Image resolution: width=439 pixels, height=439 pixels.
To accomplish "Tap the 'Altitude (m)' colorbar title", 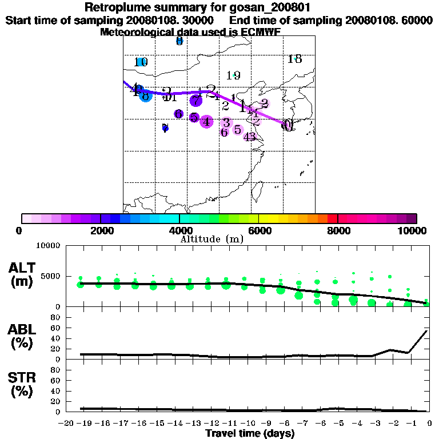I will (211, 238).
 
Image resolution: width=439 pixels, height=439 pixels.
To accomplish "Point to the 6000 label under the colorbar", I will (259, 230).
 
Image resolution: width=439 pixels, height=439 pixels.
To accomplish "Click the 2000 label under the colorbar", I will (101, 230).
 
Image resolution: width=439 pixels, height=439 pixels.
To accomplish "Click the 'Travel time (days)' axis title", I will (250, 433).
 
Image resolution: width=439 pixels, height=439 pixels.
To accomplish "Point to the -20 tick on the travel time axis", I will (67, 424).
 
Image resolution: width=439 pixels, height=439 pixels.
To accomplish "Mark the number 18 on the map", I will (295, 59).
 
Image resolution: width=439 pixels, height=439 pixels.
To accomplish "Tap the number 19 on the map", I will (233, 75).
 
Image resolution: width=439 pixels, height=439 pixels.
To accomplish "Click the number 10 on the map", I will (141, 62).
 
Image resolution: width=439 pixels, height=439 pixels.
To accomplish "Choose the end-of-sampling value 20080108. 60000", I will (389, 20).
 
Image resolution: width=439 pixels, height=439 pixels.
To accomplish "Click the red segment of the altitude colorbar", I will (332, 218).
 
